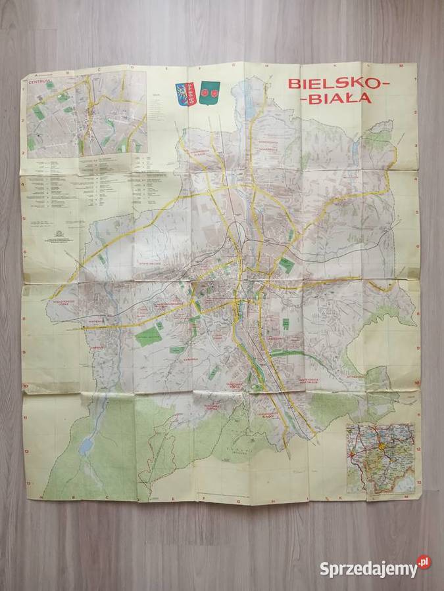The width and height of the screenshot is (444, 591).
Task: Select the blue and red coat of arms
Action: click(x=185, y=94)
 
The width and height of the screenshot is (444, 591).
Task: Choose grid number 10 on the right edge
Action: click(x=417, y=383)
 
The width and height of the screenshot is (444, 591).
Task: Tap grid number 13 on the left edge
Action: click(x=28, y=484)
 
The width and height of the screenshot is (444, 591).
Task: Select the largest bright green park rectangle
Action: click(x=149, y=336)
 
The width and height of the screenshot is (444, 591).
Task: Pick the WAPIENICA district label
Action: click(x=94, y=322)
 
